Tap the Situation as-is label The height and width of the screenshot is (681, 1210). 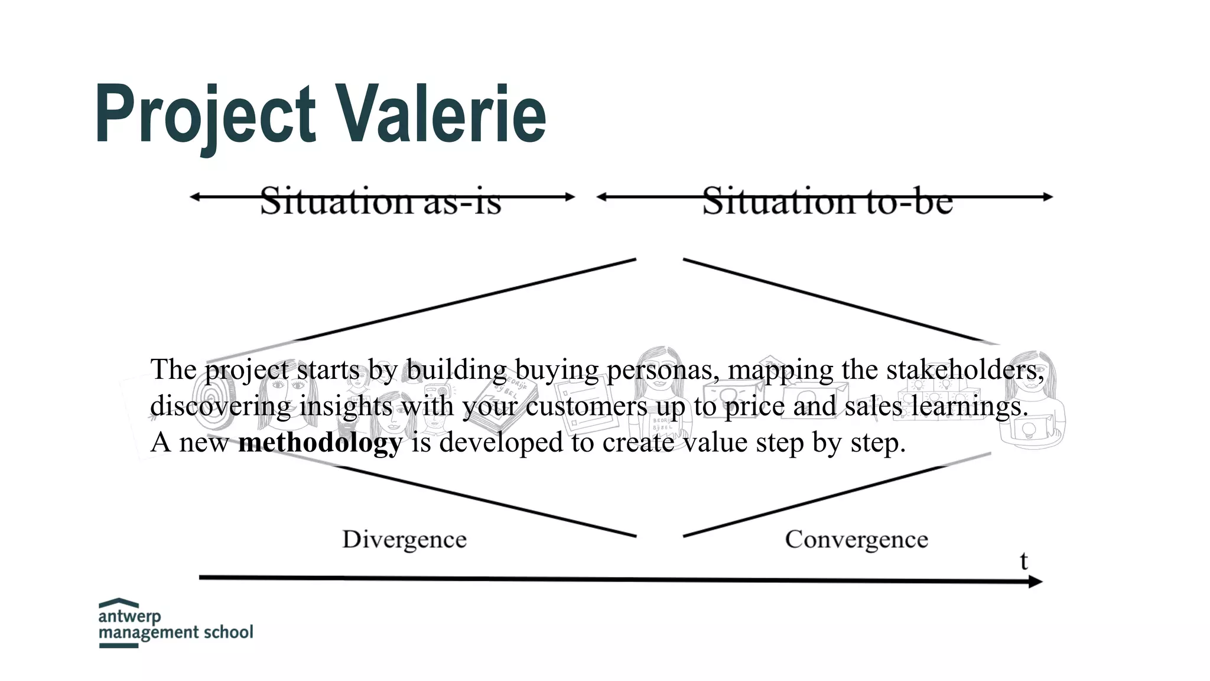coord(381,201)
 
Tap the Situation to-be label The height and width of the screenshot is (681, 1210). coord(827,201)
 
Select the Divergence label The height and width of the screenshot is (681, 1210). coord(404,539)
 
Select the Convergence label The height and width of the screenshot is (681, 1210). coord(856,539)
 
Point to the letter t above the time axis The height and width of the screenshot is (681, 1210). coord(1024,561)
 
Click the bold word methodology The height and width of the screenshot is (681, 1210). coord(320,442)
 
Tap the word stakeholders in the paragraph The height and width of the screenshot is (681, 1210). coord(964,370)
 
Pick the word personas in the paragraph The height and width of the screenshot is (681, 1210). coord(662,370)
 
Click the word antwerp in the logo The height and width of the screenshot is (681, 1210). coord(129,616)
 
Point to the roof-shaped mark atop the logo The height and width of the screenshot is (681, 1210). coord(118,603)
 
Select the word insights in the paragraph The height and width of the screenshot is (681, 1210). coord(346,406)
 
